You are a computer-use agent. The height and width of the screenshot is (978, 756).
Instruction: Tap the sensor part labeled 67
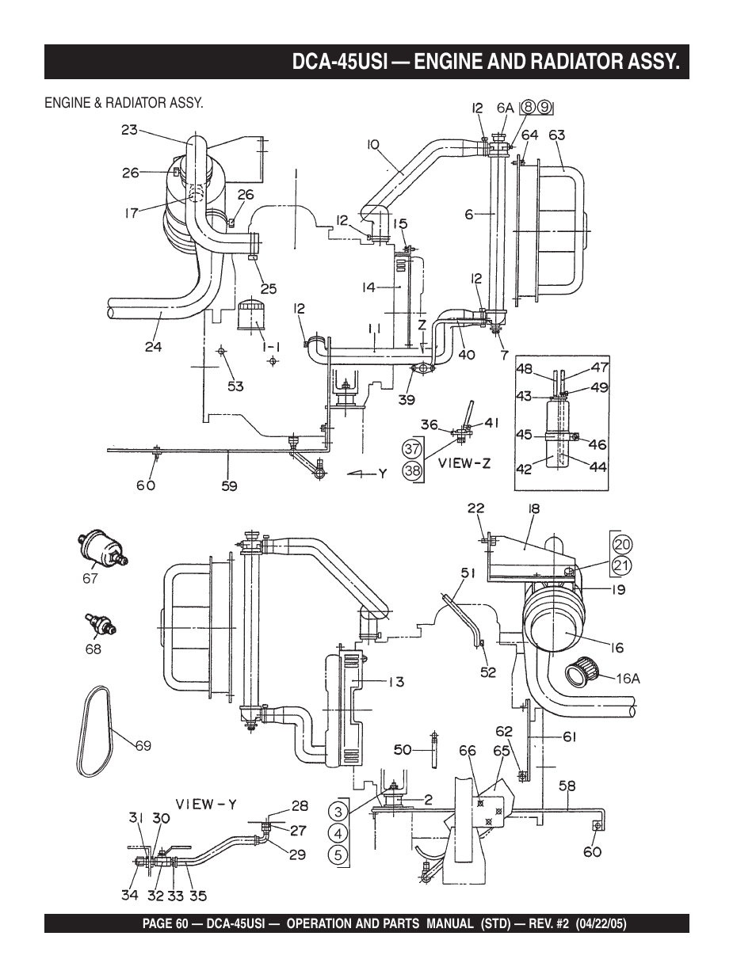101,548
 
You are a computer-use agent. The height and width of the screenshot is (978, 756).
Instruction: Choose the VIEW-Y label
206,804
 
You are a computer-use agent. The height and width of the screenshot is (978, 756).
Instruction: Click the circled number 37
412,448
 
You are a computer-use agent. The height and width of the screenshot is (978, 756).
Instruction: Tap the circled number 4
338,833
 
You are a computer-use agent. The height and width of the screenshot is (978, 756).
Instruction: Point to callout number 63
556,135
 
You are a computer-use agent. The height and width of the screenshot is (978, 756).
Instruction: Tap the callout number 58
567,786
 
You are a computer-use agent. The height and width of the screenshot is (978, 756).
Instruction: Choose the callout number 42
524,468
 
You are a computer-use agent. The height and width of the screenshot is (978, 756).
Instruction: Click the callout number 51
467,573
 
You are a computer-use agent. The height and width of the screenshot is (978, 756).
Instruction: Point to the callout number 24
153,345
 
